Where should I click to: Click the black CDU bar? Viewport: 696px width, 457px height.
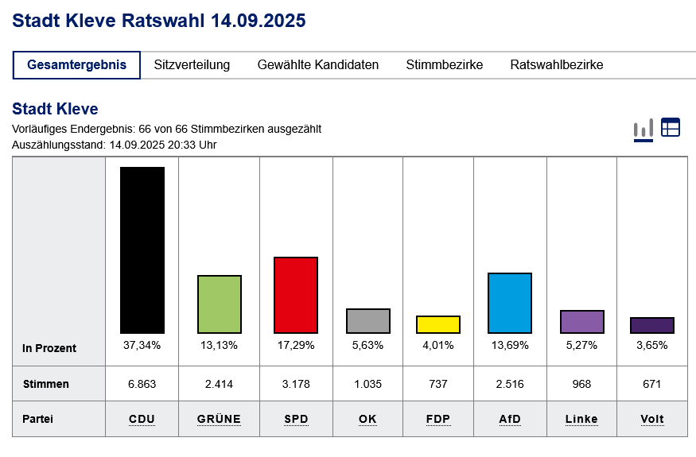click(x=142, y=250)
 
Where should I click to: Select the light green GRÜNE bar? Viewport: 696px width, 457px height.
click(x=219, y=304)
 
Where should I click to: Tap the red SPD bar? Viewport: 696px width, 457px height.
click(x=295, y=295)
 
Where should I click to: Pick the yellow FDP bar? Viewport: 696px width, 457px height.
click(x=437, y=324)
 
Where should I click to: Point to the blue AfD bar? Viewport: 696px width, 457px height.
click(x=510, y=303)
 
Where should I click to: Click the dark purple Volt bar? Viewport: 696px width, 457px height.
click(x=651, y=325)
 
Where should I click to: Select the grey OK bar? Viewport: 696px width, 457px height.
click(x=368, y=320)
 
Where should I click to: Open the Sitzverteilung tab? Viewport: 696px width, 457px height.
click(x=192, y=65)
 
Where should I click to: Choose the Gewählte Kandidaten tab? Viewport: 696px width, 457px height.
click(x=318, y=65)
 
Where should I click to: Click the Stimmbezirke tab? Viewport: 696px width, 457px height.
click(x=444, y=65)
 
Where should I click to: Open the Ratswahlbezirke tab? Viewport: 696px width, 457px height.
click(x=557, y=65)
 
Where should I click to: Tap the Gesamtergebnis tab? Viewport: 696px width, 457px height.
click(x=76, y=65)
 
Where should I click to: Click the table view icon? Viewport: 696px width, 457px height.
click(x=671, y=127)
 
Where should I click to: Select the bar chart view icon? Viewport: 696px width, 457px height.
click(x=643, y=128)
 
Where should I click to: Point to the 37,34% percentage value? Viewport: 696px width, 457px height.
click(x=142, y=345)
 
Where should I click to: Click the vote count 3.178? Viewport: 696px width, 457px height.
click(x=295, y=384)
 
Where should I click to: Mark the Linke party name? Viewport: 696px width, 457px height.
click(x=581, y=419)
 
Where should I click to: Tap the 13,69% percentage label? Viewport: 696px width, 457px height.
click(x=510, y=345)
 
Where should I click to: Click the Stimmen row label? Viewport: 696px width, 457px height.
click(x=46, y=384)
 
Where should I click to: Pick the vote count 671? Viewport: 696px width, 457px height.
click(x=651, y=384)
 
